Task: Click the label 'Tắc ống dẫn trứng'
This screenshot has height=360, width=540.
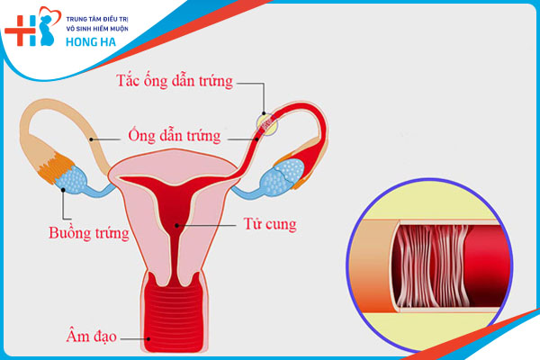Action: click(x=175, y=82)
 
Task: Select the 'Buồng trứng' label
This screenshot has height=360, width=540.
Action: click(x=88, y=234)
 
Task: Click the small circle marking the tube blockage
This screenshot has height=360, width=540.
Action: click(x=265, y=124)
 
